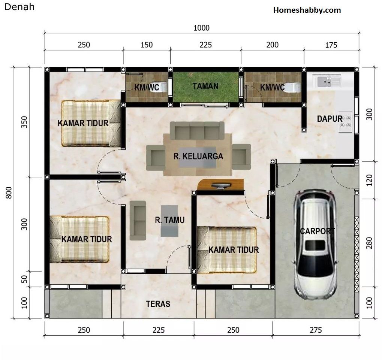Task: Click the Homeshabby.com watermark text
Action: [x=307, y=10]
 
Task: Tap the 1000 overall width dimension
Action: [x=201, y=28]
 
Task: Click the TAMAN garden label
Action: [x=205, y=86]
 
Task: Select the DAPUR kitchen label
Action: [x=330, y=119]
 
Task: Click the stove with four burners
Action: [x=346, y=122]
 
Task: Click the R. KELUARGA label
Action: [x=198, y=156]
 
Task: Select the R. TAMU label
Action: [x=170, y=220]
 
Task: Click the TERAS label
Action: [x=158, y=304]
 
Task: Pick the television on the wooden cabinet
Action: [x=221, y=186]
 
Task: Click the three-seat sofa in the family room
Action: [x=197, y=130]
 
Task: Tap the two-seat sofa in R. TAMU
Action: [x=138, y=221]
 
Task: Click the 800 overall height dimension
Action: [x=9, y=193]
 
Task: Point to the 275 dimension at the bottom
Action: [x=316, y=330]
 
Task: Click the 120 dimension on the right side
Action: [x=369, y=180]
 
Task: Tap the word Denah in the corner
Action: [x=19, y=7]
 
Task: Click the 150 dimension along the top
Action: [x=147, y=45]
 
